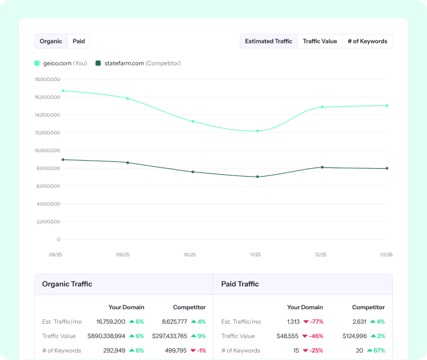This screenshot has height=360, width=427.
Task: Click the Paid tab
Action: click(x=79, y=41)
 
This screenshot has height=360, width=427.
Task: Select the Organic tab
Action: click(x=51, y=41)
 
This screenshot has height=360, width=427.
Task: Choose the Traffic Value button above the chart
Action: click(x=320, y=41)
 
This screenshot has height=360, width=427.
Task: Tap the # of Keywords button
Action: click(x=367, y=41)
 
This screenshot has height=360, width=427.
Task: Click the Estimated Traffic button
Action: click(x=269, y=41)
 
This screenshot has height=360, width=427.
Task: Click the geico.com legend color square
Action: click(x=37, y=63)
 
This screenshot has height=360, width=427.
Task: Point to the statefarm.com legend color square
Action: click(x=98, y=63)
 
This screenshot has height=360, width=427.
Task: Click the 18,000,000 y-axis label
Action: click(x=47, y=79)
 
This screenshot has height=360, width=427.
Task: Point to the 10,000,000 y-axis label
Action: click(x=47, y=150)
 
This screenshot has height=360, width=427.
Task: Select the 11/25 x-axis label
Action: click(x=255, y=255)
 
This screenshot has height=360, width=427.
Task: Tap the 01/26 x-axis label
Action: click(x=387, y=255)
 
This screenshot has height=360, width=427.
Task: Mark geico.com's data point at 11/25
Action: click(x=258, y=131)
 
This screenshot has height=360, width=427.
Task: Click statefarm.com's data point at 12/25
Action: click(x=322, y=167)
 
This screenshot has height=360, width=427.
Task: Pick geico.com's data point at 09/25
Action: click(x=128, y=98)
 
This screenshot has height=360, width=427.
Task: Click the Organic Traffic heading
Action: click(x=67, y=284)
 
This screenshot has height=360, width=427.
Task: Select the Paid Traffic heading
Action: click(x=240, y=284)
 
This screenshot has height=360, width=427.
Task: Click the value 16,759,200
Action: click(x=110, y=321)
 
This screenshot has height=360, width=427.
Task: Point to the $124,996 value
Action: click(x=355, y=336)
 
